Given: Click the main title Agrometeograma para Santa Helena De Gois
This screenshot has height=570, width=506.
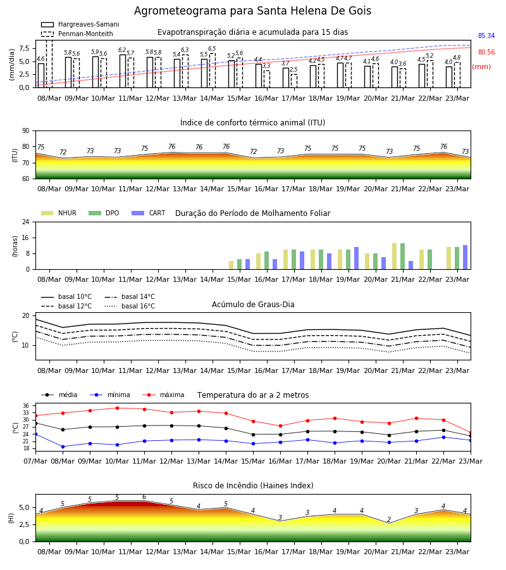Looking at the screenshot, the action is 252,11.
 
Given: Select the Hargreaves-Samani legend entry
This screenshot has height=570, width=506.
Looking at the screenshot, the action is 80,24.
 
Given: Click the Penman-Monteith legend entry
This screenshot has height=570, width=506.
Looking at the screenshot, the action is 77,34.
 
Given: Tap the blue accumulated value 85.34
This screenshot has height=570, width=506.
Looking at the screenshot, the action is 486,35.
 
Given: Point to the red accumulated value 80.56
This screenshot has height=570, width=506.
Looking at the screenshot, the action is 486,52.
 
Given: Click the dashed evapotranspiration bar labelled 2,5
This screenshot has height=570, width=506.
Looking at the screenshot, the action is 294,81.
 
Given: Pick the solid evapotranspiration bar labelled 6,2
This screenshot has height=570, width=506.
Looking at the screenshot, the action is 123,71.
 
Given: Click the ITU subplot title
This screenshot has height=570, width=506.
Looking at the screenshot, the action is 252,122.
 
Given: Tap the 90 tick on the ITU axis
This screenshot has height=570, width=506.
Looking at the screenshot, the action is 26,131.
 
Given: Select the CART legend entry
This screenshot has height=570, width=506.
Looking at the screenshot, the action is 148,213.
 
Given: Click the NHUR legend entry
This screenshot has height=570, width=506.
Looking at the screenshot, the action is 59,213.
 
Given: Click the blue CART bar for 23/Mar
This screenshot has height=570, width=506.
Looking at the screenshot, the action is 466,257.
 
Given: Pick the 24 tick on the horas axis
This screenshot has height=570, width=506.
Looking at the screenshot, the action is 26,222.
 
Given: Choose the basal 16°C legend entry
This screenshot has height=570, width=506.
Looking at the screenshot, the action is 130,306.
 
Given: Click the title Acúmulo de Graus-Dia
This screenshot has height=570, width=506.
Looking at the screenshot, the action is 253,304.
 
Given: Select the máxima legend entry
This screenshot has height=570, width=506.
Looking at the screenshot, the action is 163,395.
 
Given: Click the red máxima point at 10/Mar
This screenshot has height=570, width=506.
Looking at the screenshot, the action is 117,408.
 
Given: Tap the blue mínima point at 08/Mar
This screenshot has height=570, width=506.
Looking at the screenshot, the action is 63,446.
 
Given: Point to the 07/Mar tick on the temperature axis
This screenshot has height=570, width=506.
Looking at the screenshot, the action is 35,461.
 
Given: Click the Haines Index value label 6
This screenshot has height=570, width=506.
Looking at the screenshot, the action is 144,497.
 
